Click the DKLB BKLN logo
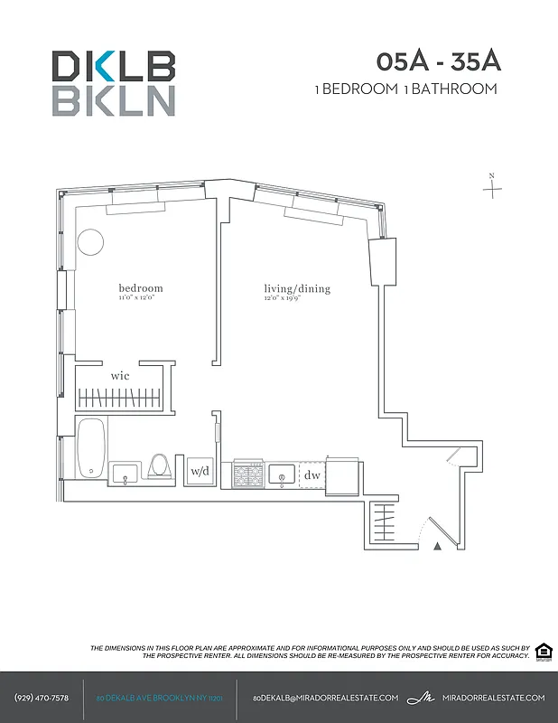tap(113, 83)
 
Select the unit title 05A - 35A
tap(439, 62)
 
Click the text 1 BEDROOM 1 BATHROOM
tap(405, 89)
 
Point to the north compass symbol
tap(492, 187)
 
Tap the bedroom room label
tap(140, 289)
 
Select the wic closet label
tap(120, 374)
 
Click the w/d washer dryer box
tap(200, 472)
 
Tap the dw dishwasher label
tap(312, 474)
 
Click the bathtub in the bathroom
tap(90, 448)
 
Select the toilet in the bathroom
tap(160, 466)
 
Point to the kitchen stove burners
tap(247, 474)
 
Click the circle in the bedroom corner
tap(90, 241)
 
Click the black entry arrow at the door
tap(438, 546)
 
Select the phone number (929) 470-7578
tap(42, 698)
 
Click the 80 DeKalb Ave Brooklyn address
tap(159, 699)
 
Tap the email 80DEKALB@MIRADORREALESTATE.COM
tap(325, 698)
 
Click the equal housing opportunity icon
tap(544, 653)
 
